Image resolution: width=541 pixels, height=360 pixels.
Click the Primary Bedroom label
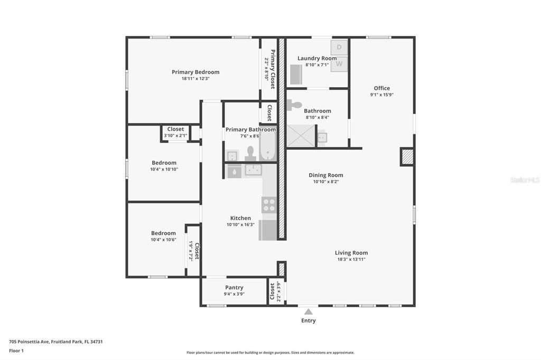coord(195,72)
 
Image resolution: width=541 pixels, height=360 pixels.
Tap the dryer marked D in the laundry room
coord(339,47)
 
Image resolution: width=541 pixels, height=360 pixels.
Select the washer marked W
coord(339,64)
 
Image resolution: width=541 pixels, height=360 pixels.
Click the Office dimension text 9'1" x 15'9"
coord(381,95)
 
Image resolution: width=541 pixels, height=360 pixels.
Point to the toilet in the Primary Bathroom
coord(250,154)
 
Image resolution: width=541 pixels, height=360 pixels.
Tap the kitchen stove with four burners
coord(269,204)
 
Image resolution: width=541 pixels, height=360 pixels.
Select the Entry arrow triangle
coord(309,312)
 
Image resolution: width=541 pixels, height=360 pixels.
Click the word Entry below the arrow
coord(309,320)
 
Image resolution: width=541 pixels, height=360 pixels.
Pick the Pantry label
coord(234,288)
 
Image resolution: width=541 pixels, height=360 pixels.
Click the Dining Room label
coord(326,175)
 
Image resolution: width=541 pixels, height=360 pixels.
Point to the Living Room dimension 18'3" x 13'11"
coord(351,259)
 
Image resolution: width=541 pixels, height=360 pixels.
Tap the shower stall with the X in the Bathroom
coord(301,136)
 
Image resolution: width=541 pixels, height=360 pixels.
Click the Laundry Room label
coord(317,59)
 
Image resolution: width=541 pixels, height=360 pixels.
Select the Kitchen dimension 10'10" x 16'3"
coord(240,224)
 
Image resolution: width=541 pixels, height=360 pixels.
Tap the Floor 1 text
coord(16,350)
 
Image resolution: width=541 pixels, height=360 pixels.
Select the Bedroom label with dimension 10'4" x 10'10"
coord(164,163)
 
